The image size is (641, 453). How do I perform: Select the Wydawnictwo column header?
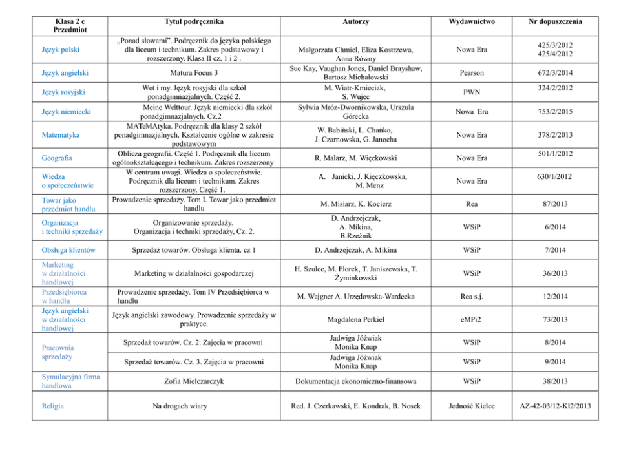[471, 21]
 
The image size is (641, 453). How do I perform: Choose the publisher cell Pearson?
[471, 73]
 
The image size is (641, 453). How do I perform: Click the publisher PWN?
[471, 92]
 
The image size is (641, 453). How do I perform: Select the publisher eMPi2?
[471, 319]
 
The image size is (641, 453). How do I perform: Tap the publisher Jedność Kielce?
[471, 406]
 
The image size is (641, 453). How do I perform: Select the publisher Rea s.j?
[471, 297]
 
